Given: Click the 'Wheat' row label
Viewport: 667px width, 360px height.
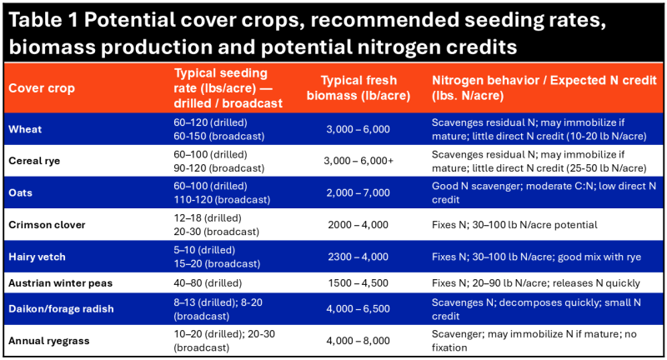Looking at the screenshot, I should [x=24, y=128].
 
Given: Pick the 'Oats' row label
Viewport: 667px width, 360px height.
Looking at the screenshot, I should [x=21, y=192].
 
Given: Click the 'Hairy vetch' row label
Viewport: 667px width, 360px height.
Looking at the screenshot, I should [x=38, y=257].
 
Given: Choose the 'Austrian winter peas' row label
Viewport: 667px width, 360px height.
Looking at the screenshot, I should [x=60, y=282].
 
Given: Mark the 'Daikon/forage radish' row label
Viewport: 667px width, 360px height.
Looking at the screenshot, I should [x=61, y=309].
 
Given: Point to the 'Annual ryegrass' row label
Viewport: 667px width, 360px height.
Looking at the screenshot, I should [x=48, y=341].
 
